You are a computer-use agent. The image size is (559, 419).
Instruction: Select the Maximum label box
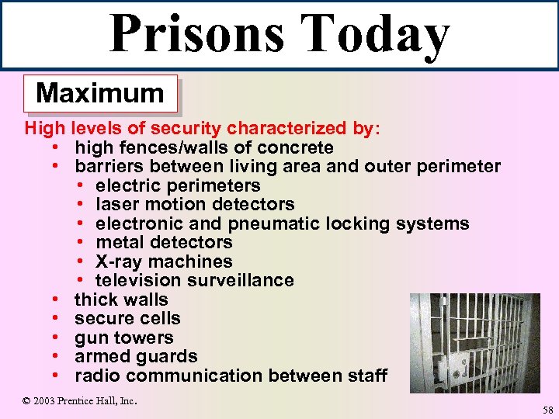(x=100, y=94)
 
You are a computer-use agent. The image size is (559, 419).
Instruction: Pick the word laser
(x=116, y=205)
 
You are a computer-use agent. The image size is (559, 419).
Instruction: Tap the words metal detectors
(x=164, y=242)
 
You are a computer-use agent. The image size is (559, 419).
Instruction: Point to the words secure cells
(x=127, y=318)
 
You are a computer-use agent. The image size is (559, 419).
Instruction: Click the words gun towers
(x=123, y=338)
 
